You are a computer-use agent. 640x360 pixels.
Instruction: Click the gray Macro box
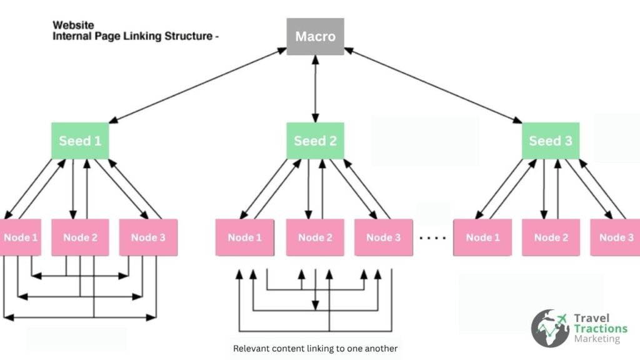click(x=315, y=36)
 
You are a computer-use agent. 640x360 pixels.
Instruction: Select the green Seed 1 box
click(x=79, y=141)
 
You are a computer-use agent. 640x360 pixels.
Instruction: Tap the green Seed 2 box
click(x=315, y=141)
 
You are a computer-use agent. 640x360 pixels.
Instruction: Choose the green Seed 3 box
click(x=550, y=141)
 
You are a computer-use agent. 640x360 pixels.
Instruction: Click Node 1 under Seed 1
click(x=21, y=237)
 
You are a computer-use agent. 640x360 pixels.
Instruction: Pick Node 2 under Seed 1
click(x=80, y=237)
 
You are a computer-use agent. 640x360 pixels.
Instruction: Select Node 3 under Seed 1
click(x=148, y=237)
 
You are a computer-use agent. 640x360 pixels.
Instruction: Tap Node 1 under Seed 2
click(x=244, y=237)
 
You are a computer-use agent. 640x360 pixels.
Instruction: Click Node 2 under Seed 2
click(x=315, y=237)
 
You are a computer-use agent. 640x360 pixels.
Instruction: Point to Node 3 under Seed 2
click(x=383, y=237)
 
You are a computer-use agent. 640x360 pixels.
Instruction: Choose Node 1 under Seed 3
click(x=482, y=237)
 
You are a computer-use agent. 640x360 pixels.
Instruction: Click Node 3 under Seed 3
click(x=616, y=237)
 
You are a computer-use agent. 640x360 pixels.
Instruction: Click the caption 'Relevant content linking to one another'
click(x=315, y=348)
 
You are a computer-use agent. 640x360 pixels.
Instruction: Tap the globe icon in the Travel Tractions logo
click(x=550, y=328)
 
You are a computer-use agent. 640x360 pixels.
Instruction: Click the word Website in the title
click(x=73, y=26)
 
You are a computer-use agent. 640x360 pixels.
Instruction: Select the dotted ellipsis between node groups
click(x=432, y=238)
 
